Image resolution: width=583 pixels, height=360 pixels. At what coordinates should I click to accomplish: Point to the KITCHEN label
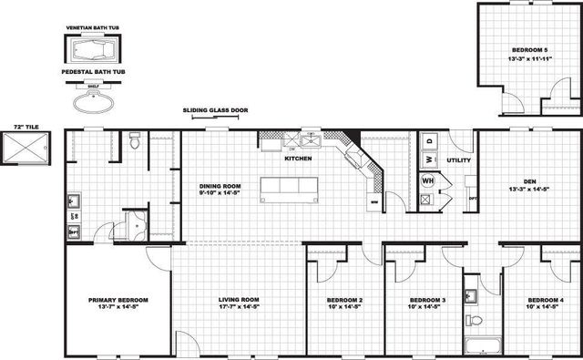[x=298, y=159]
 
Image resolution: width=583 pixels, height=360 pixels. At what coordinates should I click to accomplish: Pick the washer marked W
[x=426, y=160]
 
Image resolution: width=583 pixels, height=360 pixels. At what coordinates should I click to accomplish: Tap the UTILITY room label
[x=457, y=159]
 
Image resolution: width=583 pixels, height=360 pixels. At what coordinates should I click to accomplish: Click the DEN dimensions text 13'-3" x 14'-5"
[x=529, y=190]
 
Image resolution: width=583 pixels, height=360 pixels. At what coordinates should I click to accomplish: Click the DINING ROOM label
[x=219, y=187]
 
